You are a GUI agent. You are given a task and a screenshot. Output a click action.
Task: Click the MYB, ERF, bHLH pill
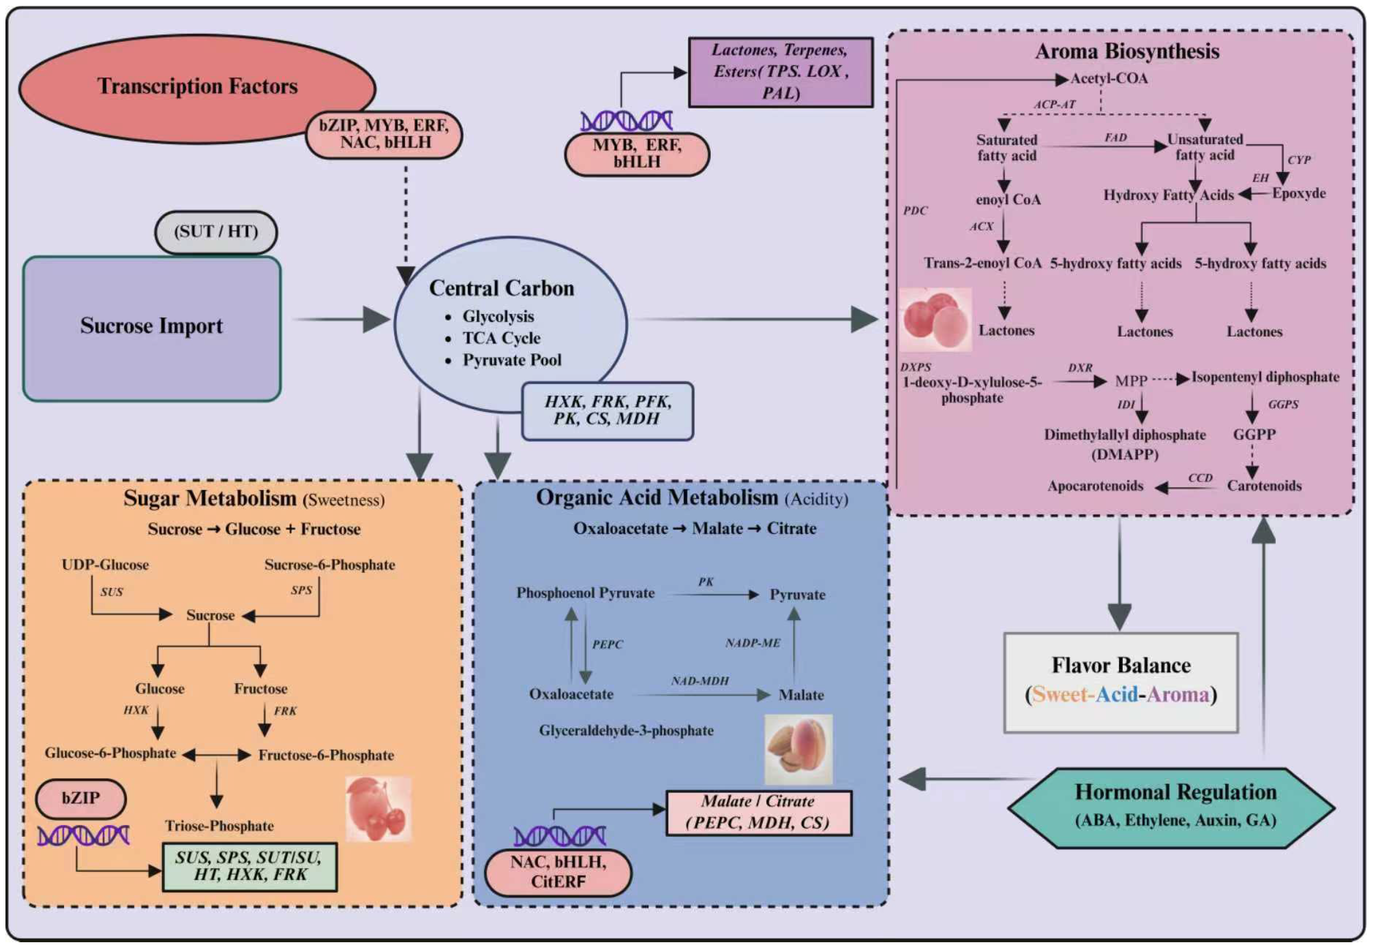coord(637,154)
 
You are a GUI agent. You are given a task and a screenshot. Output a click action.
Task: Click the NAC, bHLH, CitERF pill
coord(558,872)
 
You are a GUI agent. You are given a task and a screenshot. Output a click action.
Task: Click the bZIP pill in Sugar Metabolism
coord(81,798)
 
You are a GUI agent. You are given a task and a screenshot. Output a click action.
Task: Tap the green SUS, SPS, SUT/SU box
coord(249,866)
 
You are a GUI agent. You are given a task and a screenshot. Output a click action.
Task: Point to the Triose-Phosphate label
coord(219,825)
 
